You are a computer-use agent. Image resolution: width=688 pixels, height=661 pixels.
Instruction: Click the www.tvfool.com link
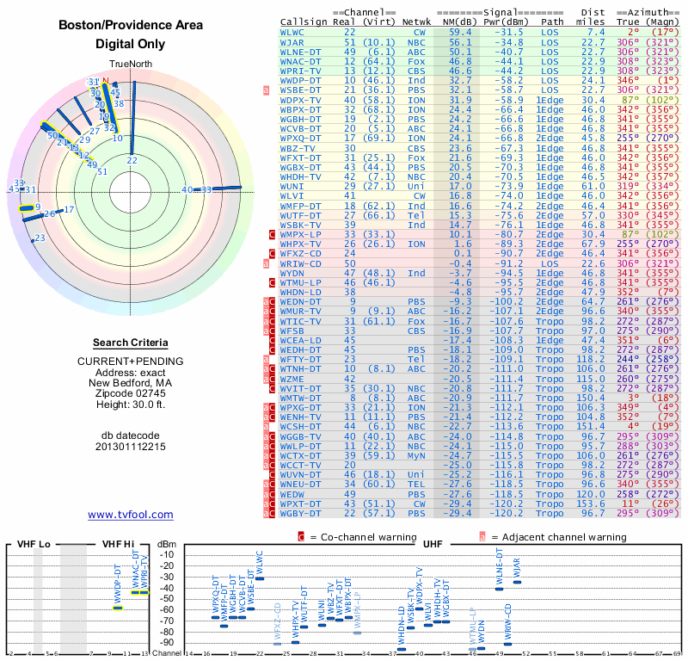[x=131, y=515]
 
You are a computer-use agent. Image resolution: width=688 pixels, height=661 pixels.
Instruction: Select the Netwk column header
[x=416, y=21]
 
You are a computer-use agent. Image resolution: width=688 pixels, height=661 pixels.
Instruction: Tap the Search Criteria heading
[x=130, y=342]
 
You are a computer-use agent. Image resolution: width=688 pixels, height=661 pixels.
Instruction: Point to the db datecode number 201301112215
[x=131, y=447]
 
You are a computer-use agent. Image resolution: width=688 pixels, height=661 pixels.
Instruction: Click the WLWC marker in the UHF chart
[x=261, y=579]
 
